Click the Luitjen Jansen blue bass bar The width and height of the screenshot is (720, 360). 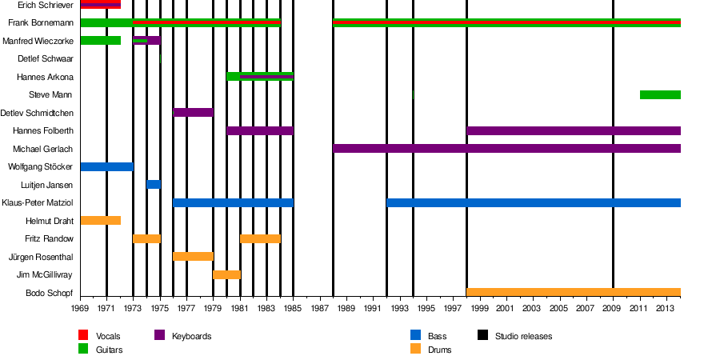pyautogui.click(x=154, y=185)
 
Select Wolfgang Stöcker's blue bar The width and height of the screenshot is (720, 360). pyautogui.click(x=107, y=166)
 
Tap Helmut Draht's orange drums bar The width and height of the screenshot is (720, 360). pyautogui.click(x=101, y=221)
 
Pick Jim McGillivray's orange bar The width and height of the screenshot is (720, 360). pyautogui.click(x=226, y=275)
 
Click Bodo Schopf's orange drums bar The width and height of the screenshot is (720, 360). pyautogui.click(x=574, y=293)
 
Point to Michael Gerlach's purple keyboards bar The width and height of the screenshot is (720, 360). pyautogui.click(x=506, y=149)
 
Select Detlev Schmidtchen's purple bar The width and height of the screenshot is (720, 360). pyautogui.click(x=194, y=113)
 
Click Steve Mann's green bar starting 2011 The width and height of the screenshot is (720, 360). pyautogui.click(x=660, y=95)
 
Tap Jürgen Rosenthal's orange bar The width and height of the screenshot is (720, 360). pyautogui.click(x=194, y=257)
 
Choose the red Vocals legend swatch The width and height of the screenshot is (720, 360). pyautogui.click(x=83, y=336)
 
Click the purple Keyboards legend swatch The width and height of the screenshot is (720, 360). pyautogui.click(x=159, y=336)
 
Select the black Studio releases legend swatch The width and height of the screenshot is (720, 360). pyautogui.click(x=483, y=336)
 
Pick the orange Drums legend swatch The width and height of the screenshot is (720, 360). pyautogui.click(x=415, y=350)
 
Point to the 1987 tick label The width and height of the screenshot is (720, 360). pyautogui.click(x=320, y=309)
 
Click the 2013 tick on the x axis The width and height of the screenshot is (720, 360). pyautogui.click(x=666, y=309)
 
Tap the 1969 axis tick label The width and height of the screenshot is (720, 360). pyautogui.click(x=80, y=309)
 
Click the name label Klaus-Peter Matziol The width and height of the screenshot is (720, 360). pyautogui.click(x=38, y=203)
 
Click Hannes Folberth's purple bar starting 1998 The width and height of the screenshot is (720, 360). pyautogui.click(x=574, y=130)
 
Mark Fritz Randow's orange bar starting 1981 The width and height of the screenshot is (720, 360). pyautogui.click(x=260, y=239)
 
